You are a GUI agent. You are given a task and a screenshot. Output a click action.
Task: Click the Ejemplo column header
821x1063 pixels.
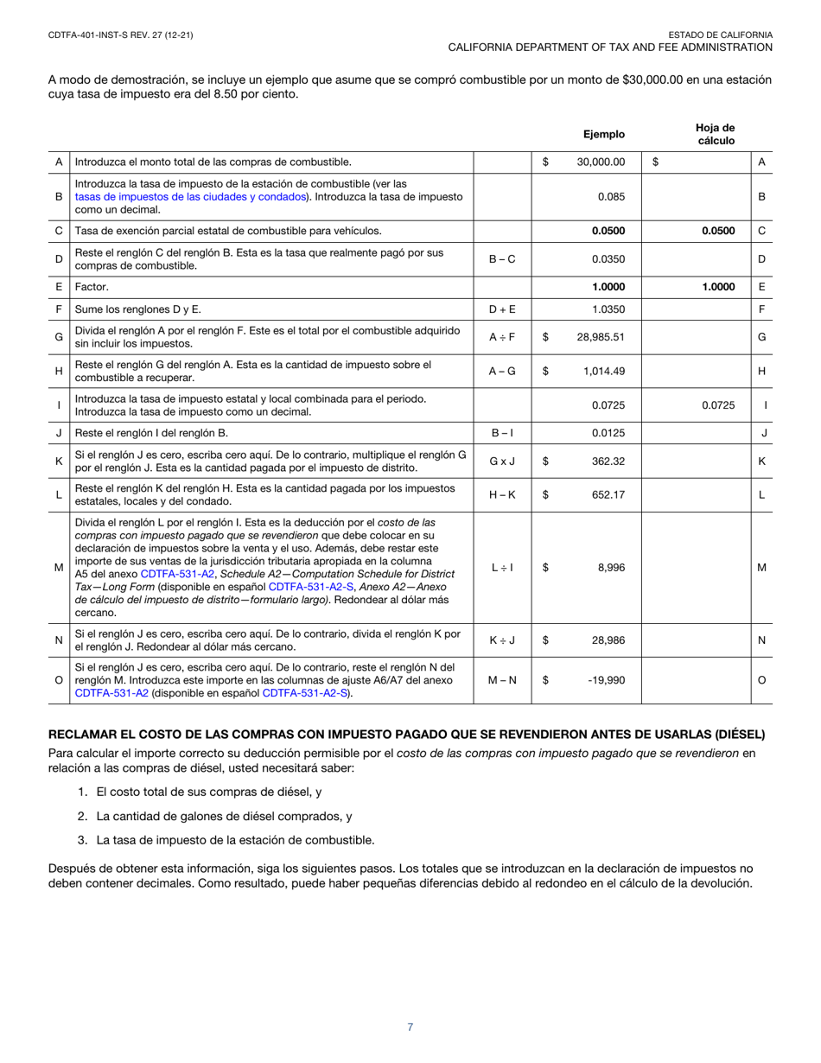pos(603,134)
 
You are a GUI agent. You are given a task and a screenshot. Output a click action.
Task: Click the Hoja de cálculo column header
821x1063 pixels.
pos(715,133)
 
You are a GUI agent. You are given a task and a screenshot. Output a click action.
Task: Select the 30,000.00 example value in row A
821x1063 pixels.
pos(601,162)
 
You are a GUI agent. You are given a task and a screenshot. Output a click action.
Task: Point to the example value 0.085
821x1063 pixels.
pos(612,197)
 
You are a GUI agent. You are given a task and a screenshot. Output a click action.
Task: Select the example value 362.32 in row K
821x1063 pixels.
pos(608,461)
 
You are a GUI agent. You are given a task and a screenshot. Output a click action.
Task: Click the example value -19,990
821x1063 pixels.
pos(607,680)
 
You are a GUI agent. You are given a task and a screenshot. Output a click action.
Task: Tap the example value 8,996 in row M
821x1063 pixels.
pos(611,568)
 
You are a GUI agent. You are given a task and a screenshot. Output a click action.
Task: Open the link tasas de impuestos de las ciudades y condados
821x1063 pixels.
pos(191,197)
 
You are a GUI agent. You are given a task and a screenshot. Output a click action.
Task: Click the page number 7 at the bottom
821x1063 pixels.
pos(410,1028)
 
